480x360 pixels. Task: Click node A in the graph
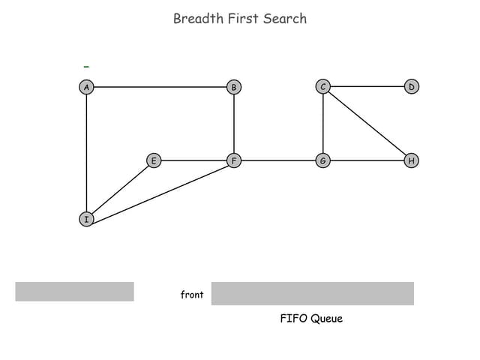click(x=87, y=87)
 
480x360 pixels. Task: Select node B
click(x=234, y=87)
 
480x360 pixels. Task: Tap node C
click(x=323, y=87)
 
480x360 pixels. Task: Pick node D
click(x=411, y=87)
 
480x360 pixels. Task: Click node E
click(x=153, y=160)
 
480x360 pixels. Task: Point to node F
click(x=234, y=160)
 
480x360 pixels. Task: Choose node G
click(x=323, y=160)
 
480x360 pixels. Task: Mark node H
click(x=411, y=160)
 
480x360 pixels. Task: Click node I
click(x=87, y=219)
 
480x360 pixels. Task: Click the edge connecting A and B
click(x=160, y=87)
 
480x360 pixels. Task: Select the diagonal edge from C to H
click(x=367, y=124)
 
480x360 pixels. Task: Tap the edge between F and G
click(x=278, y=160)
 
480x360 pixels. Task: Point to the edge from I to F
click(x=160, y=190)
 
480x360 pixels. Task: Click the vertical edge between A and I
click(x=87, y=153)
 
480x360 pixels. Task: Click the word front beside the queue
click(x=192, y=295)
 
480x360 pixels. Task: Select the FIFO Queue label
click(x=311, y=319)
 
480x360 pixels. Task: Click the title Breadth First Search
click(x=240, y=19)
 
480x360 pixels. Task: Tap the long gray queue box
click(x=312, y=293)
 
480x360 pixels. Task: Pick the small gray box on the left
click(x=74, y=291)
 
